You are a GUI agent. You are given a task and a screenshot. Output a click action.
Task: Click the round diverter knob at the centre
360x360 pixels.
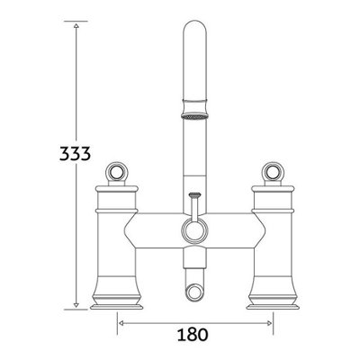point(193,229)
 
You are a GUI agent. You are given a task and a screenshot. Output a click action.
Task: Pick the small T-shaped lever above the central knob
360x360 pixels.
point(193,198)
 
